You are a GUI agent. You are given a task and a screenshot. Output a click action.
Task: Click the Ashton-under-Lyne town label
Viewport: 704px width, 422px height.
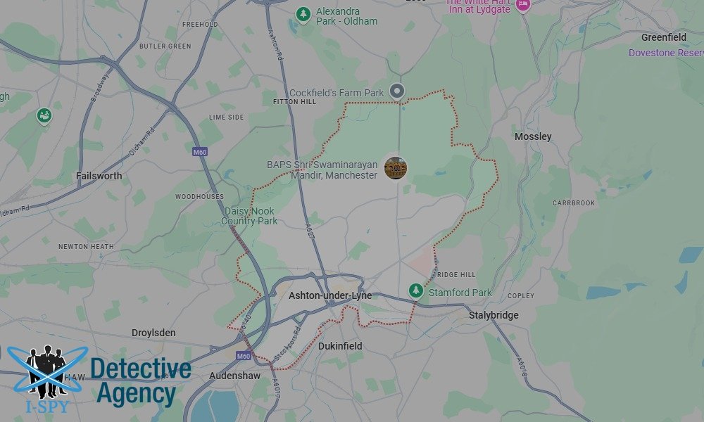[330, 296]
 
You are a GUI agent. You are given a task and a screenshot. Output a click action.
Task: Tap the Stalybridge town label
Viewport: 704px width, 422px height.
[494, 315]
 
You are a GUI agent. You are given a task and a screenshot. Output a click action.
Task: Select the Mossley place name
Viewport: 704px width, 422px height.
[533, 136]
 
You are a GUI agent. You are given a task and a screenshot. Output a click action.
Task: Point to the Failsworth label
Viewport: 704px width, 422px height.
[99, 176]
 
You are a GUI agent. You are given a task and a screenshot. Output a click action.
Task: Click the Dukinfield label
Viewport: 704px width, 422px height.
[340, 346]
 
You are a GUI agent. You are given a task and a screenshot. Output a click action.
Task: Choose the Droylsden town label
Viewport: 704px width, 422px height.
[153, 333]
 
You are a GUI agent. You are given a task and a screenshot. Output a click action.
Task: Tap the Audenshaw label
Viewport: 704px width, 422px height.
[236, 376]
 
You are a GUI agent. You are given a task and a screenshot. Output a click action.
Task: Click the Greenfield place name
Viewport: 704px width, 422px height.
[663, 37]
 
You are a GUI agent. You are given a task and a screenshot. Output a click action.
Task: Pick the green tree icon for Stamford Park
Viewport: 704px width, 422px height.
[416, 290]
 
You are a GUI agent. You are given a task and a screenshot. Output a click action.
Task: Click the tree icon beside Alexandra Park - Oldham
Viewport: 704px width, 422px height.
[303, 14]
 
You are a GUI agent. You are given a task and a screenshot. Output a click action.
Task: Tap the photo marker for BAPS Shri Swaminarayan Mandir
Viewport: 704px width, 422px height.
[396, 168]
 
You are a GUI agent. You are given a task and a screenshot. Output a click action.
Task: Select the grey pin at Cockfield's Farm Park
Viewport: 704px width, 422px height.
[398, 90]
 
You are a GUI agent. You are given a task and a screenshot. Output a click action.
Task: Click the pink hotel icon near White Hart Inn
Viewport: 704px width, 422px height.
[522, 5]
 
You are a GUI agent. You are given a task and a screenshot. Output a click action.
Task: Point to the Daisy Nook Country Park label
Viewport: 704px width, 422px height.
[249, 216]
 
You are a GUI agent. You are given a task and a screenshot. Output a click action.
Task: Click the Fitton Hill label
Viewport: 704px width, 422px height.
[294, 102]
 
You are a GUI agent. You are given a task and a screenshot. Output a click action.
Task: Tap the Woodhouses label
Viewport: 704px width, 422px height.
[199, 197]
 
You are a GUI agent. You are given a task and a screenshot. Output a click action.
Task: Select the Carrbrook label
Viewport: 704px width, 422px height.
[574, 203]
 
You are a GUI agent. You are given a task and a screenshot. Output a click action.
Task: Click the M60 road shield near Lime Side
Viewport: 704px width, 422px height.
[199, 151]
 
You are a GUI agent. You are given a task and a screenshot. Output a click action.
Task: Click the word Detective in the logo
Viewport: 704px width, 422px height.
[141, 369]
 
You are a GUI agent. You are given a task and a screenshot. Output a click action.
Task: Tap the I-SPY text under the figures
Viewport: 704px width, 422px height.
[42, 406]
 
